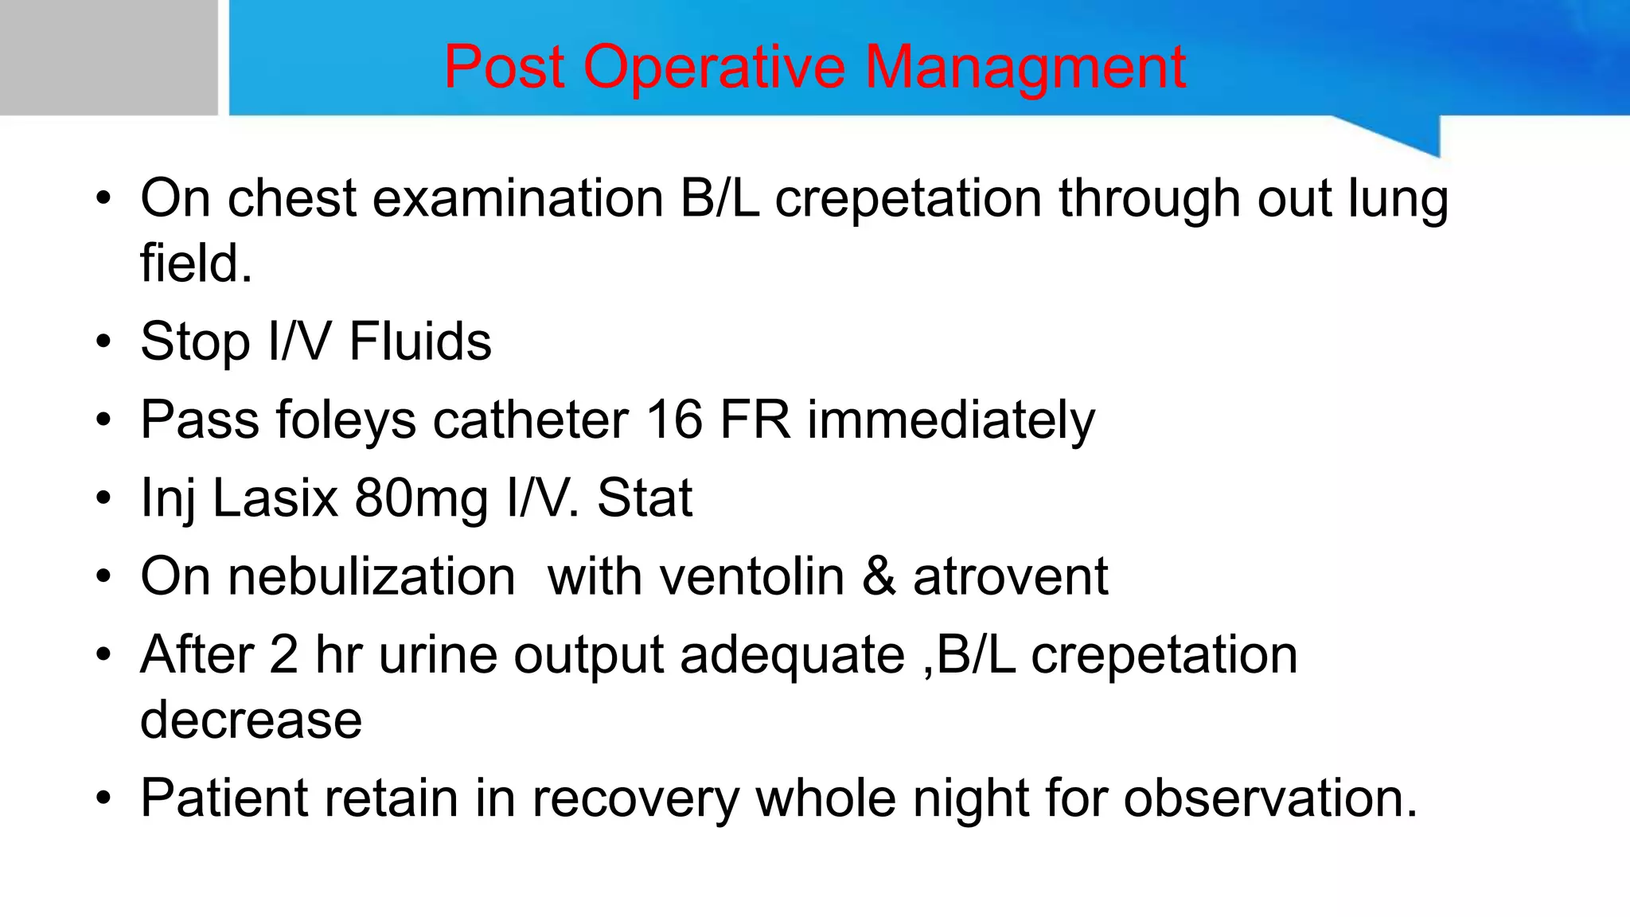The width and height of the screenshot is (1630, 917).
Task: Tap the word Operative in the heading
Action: (714, 67)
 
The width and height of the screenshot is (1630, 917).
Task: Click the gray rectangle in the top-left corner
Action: (108, 57)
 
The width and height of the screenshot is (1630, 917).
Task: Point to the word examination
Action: (518, 198)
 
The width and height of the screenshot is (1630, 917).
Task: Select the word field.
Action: (195, 263)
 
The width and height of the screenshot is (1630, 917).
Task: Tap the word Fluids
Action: (420, 341)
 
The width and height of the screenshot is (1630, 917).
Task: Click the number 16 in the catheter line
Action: (674, 419)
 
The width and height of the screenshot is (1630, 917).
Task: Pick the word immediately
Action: (951, 419)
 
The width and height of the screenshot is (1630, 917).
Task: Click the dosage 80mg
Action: (422, 498)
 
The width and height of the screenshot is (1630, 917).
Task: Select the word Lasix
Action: (275, 498)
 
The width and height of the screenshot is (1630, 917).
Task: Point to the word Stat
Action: (645, 498)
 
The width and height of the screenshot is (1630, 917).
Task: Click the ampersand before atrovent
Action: (879, 576)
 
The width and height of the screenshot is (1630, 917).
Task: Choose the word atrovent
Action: (1010, 576)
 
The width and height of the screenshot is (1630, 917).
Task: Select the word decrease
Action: (251, 720)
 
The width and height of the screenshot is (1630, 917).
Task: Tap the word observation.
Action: (1270, 798)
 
